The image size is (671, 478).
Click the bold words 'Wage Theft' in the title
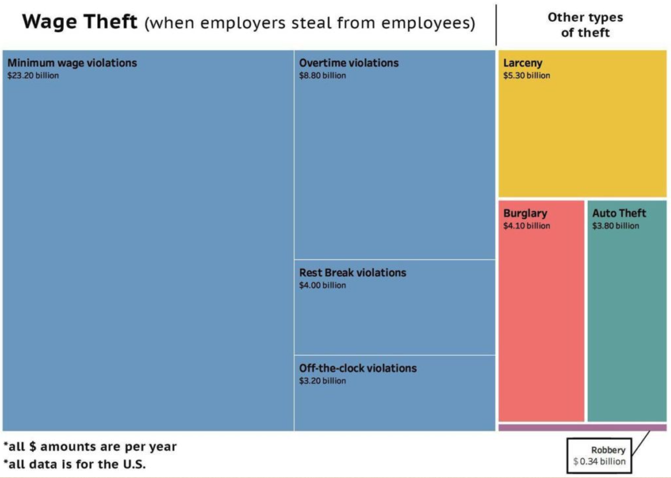tap(80, 22)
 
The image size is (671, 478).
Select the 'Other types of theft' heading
tap(585, 25)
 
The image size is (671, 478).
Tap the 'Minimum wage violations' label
tap(72, 63)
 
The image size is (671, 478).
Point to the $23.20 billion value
tap(33, 76)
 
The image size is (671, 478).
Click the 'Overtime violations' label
tap(349, 63)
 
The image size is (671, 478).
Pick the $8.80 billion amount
tap(322, 76)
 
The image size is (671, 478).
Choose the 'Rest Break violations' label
tap(352, 272)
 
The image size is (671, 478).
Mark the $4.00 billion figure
tap(322, 286)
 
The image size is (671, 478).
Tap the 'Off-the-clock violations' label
tap(358, 368)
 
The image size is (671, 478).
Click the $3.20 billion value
tap(322, 381)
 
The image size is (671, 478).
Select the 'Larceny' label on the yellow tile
tap(523, 63)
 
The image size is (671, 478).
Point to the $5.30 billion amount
tap(527, 76)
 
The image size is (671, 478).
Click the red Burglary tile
tap(541, 324)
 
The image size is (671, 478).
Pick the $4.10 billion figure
tap(527, 226)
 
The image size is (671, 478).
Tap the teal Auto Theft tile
tap(627, 324)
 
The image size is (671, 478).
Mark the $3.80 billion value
tap(616, 226)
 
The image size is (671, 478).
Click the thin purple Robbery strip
tap(582, 428)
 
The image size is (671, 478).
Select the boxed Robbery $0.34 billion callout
tap(599, 456)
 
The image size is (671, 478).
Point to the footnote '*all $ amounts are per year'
tap(90, 447)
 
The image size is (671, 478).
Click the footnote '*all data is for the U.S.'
tap(74, 464)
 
